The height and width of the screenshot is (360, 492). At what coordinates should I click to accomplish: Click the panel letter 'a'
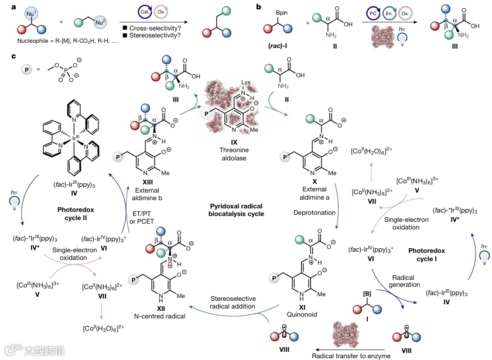[5, 6]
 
